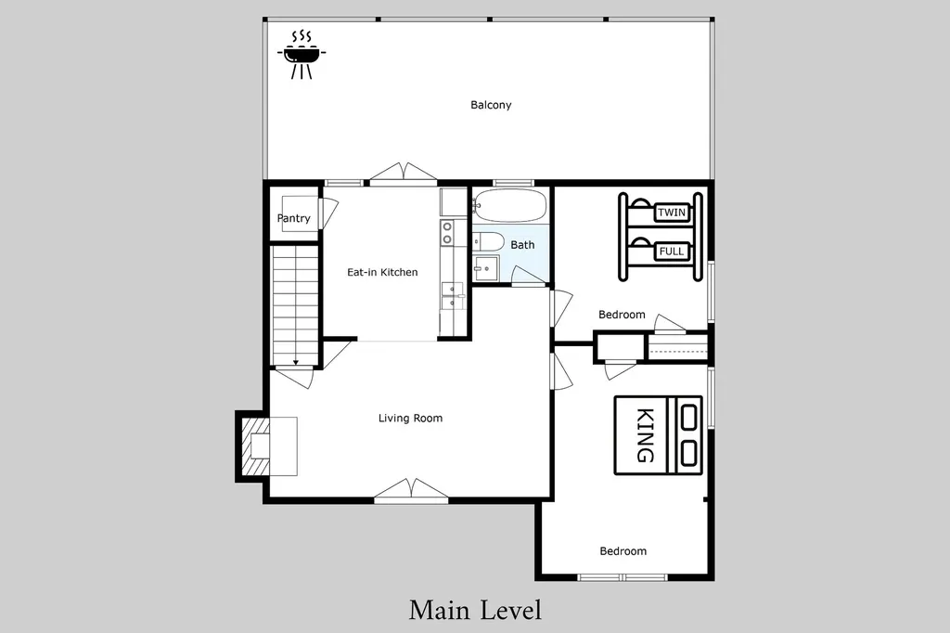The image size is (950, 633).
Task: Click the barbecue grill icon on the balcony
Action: [x=302, y=55]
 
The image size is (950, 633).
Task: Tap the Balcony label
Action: [x=491, y=105]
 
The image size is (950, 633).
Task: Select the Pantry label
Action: [x=294, y=218]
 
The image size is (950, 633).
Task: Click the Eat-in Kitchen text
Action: [x=382, y=272]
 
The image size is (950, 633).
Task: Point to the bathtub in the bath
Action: [x=510, y=206]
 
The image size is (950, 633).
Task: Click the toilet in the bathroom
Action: [x=488, y=242]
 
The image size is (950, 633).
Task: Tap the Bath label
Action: [x=522, y=245]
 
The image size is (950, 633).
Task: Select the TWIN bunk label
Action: [x=672, y=213]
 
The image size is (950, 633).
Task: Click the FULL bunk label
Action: [x=672, y=251]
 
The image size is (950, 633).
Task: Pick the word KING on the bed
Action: [x=646, y=435]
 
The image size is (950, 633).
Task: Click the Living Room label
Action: [x=410, y=418]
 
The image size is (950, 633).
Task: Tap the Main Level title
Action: [x=476, y=610]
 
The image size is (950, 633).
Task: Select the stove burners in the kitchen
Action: [x=447, y=232]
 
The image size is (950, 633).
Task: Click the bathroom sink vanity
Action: [x=486, y=268]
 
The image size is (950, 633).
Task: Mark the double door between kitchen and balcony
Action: [x=403, y=173]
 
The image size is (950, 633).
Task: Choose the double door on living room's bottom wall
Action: [x=411, y=490]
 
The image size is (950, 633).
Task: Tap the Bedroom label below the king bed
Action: [x=623, y=551]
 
